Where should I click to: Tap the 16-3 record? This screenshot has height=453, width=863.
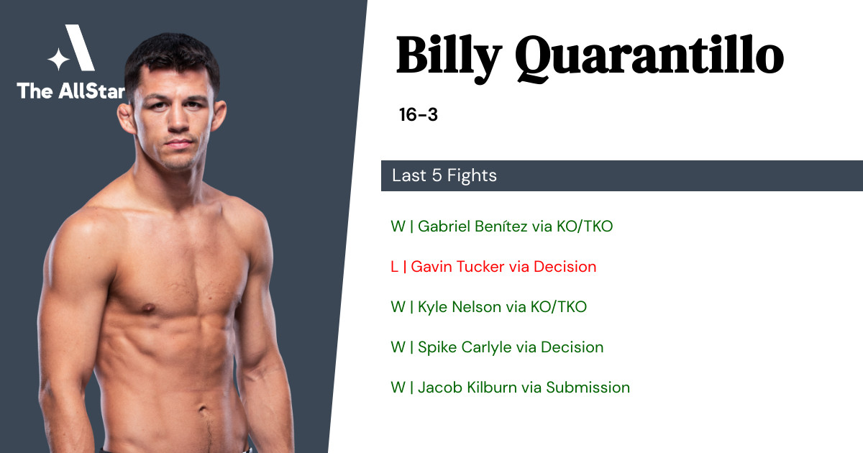point(419,115)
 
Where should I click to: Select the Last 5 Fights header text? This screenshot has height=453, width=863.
point(444,175)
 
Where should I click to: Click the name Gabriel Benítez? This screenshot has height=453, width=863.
point(472,226)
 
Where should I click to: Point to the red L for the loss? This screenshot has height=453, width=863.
point(394,267)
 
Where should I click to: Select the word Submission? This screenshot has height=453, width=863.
point(588,388)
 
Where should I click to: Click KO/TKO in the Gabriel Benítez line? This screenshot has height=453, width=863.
point(585,226)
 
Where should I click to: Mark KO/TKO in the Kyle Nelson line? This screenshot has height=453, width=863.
point(559,307)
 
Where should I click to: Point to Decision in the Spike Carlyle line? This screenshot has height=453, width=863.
point(572,347)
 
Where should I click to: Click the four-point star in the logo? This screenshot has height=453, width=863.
point(58,59)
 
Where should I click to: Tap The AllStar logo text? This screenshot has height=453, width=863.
point(71,91)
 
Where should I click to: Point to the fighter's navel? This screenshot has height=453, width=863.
point(203,409)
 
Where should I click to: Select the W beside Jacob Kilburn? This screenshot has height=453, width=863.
point(398,388)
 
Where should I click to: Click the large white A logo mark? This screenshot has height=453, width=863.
point(80,47)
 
